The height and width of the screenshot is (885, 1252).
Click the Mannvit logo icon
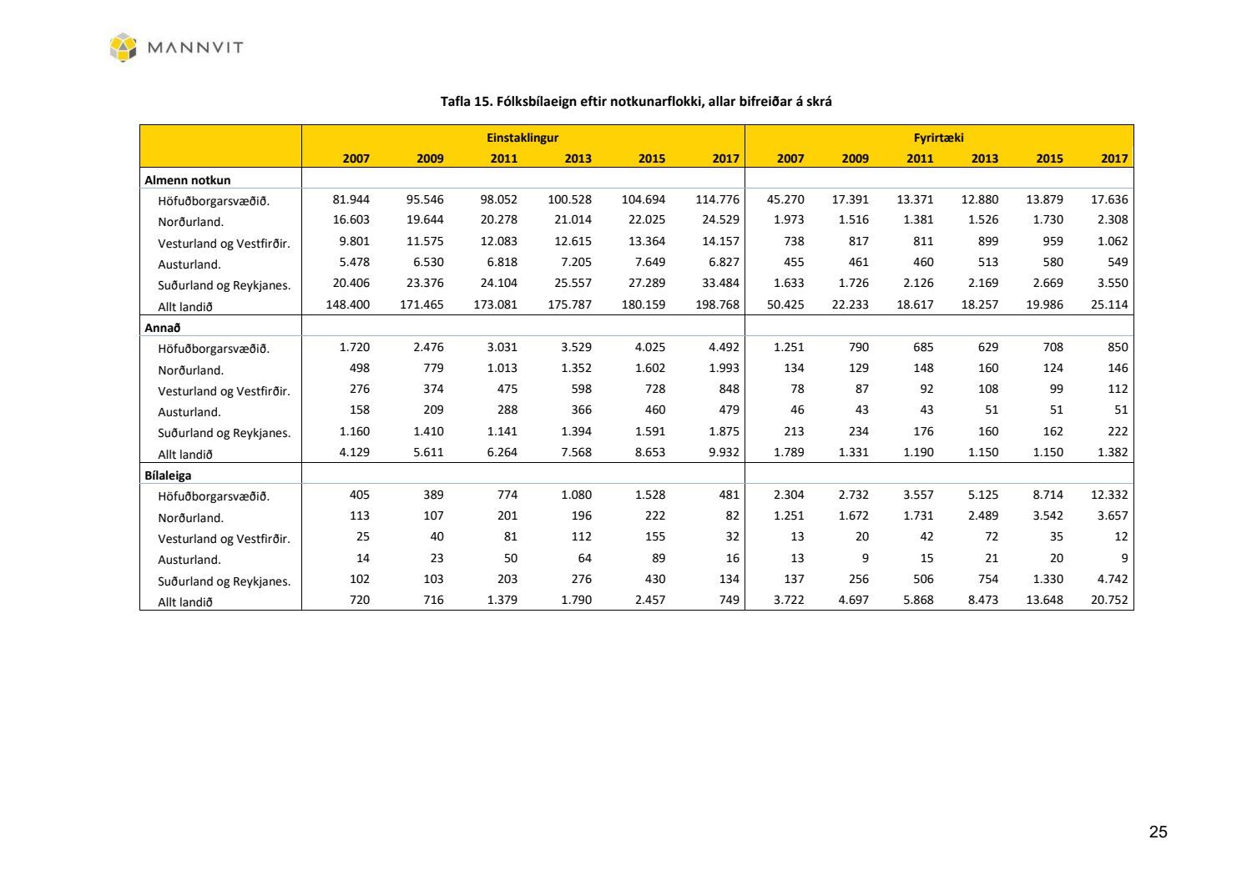(123, 47)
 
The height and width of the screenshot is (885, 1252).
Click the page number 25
(1158, 832)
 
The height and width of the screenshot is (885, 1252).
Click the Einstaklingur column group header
(523, 138)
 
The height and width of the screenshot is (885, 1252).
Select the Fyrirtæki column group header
(938, 138)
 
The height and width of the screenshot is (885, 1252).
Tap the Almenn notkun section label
(188, 179)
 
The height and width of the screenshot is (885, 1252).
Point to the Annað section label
(163, 328)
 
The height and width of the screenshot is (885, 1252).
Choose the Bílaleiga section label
(168, 475)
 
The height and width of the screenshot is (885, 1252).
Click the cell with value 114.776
(717, 199)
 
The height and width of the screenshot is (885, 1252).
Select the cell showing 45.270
(785, 199)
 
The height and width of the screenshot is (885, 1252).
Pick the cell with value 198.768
(717, 304)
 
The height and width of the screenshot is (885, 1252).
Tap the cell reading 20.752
(1109, 600)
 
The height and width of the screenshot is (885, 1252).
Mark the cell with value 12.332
(1109, 495)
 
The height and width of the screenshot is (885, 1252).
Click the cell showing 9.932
(724, 452)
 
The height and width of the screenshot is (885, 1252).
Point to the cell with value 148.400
(347, 304)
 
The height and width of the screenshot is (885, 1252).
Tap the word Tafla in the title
(456, 102)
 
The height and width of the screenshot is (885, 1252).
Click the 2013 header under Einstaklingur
(578, 158)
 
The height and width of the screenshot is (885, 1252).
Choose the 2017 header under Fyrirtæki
(1114, 158)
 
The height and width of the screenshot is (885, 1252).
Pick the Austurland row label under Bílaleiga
(189, 560)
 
